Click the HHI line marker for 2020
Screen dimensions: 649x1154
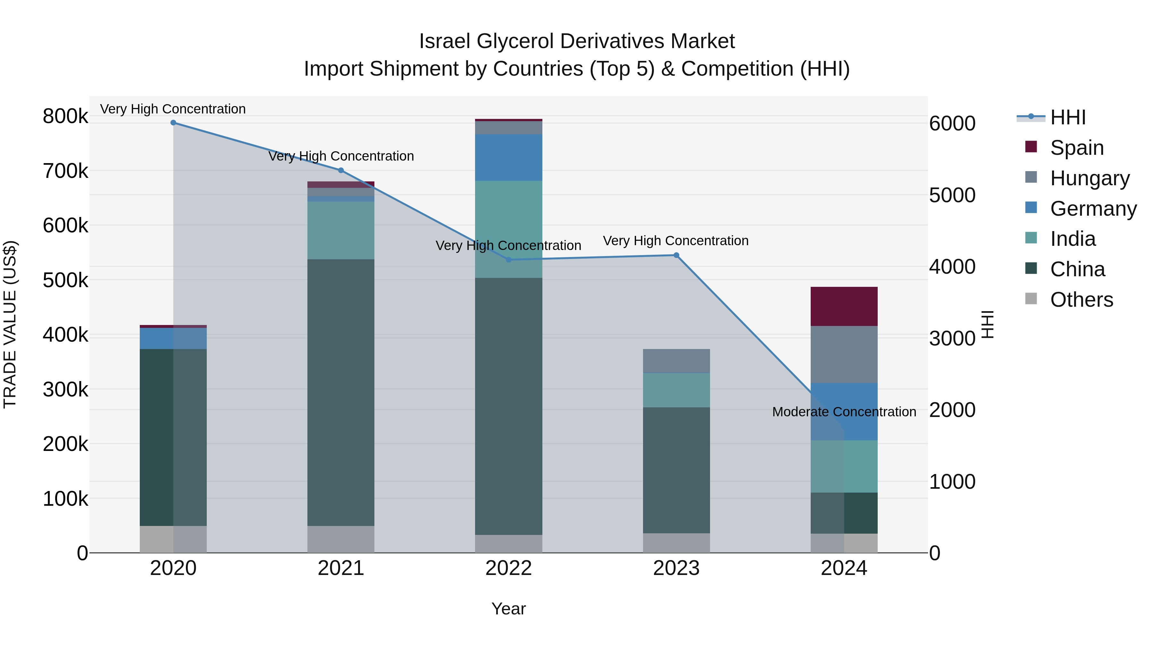coord(173,123)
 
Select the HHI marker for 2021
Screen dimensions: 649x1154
coord(341,170)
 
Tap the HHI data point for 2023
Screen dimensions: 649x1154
coord(676,255)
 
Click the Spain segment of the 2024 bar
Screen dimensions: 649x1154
coord(844,306)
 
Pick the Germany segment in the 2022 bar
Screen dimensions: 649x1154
coord(508,158)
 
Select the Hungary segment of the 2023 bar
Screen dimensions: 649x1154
coord(676,361)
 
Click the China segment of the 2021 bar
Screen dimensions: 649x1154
coord(341,392)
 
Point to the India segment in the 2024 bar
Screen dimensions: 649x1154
coord(844,466)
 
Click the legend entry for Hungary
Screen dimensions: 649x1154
coord(1090,178)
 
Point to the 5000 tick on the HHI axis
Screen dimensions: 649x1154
coord(952,195)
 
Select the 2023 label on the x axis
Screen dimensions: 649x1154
coord(676,568)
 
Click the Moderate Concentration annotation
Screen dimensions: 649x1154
coord(844,412)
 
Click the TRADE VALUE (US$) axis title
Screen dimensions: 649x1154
coord(10,324)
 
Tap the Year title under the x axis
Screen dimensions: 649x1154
coord(508,609)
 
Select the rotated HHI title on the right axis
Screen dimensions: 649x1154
coord(987,324)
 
